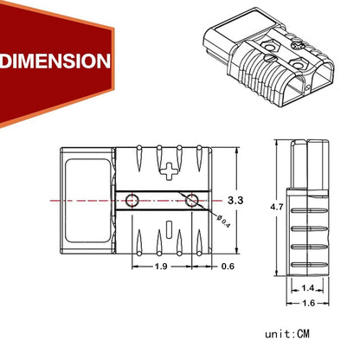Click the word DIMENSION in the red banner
(56, 61)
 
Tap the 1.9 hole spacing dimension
(161, 267)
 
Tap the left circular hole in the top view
(132, 201)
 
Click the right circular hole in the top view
(191, 201)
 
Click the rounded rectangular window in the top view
(87, 201)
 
